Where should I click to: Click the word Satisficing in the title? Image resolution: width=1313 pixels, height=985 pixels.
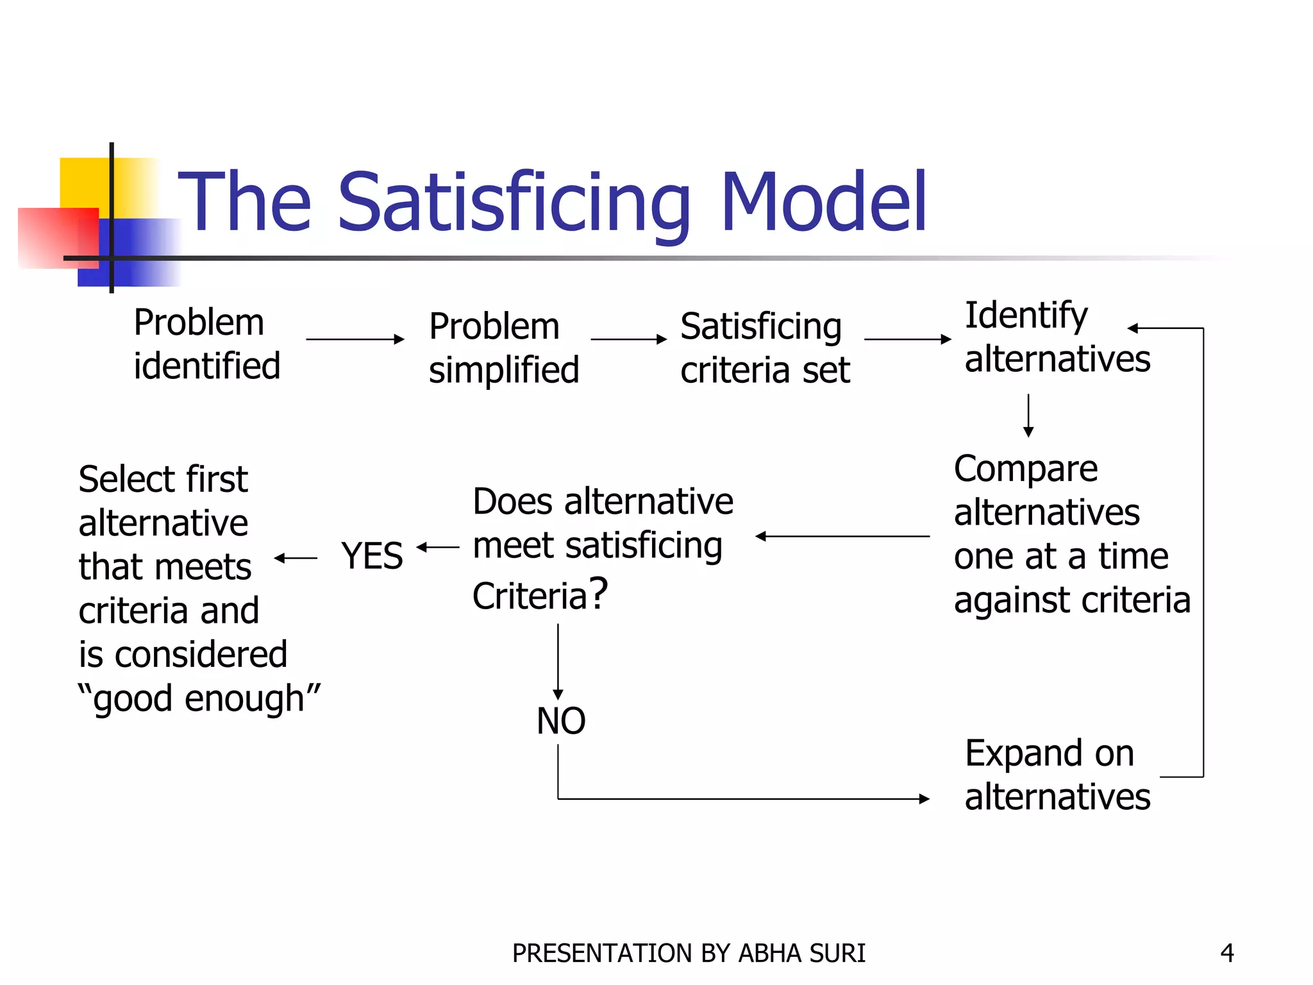point(514,203)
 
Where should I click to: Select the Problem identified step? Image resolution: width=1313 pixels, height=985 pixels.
point(206,344)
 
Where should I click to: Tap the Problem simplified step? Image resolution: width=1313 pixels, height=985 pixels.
point(504,348)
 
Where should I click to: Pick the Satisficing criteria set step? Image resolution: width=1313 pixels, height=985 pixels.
point(765,348)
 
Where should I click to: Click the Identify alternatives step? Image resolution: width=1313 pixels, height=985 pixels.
point(1057,337)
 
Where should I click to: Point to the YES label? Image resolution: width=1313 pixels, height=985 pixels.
point(372,555)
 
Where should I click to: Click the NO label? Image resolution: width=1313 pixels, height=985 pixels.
point(561,721)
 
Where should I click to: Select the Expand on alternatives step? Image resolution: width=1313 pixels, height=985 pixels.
point(1057,775)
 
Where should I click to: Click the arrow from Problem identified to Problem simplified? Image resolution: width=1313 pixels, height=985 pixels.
point(355,339)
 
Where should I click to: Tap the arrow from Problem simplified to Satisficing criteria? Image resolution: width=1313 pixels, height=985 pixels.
point(628,339)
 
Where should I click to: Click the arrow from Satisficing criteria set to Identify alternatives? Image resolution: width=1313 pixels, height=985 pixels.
point(907,339)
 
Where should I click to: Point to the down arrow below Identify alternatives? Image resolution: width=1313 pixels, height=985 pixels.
point(1028,416)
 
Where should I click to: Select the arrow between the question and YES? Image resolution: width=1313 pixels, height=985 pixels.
point(438,548)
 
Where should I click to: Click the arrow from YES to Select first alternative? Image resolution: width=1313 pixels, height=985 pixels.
point(296,559)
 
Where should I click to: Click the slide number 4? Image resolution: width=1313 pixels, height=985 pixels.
point(1227,953)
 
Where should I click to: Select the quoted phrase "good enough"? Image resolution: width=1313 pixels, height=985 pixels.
point(199,698)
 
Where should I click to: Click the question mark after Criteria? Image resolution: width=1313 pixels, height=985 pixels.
point(598,593)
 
